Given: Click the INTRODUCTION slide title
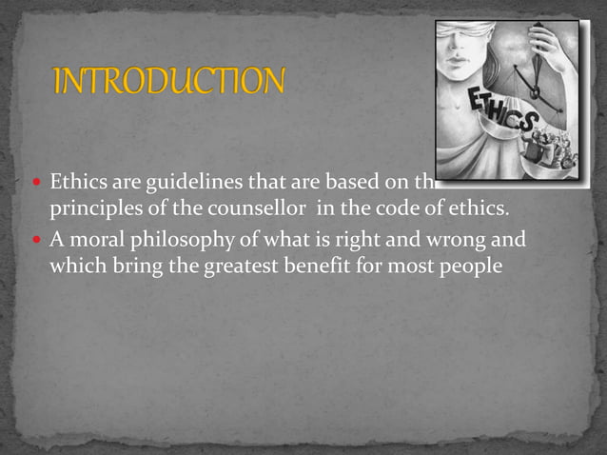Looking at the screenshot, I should tap(168, 81).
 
